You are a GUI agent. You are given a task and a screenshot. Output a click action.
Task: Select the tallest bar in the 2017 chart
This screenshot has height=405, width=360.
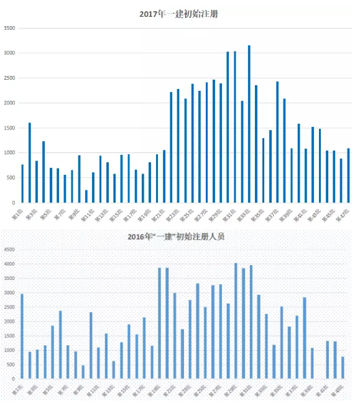click(249, 124)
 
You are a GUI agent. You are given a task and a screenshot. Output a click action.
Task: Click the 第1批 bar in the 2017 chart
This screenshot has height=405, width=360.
click(22, 184)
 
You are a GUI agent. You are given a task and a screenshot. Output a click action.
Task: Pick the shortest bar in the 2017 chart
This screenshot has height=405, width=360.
click(86, 197)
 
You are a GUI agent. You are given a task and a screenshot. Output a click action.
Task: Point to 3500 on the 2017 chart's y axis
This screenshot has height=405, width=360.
click(9, 28)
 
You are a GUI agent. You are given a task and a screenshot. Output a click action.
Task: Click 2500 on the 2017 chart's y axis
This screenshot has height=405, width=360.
click(9, 78)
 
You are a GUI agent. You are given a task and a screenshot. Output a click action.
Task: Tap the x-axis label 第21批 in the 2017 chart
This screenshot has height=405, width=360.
click(157, 215)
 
